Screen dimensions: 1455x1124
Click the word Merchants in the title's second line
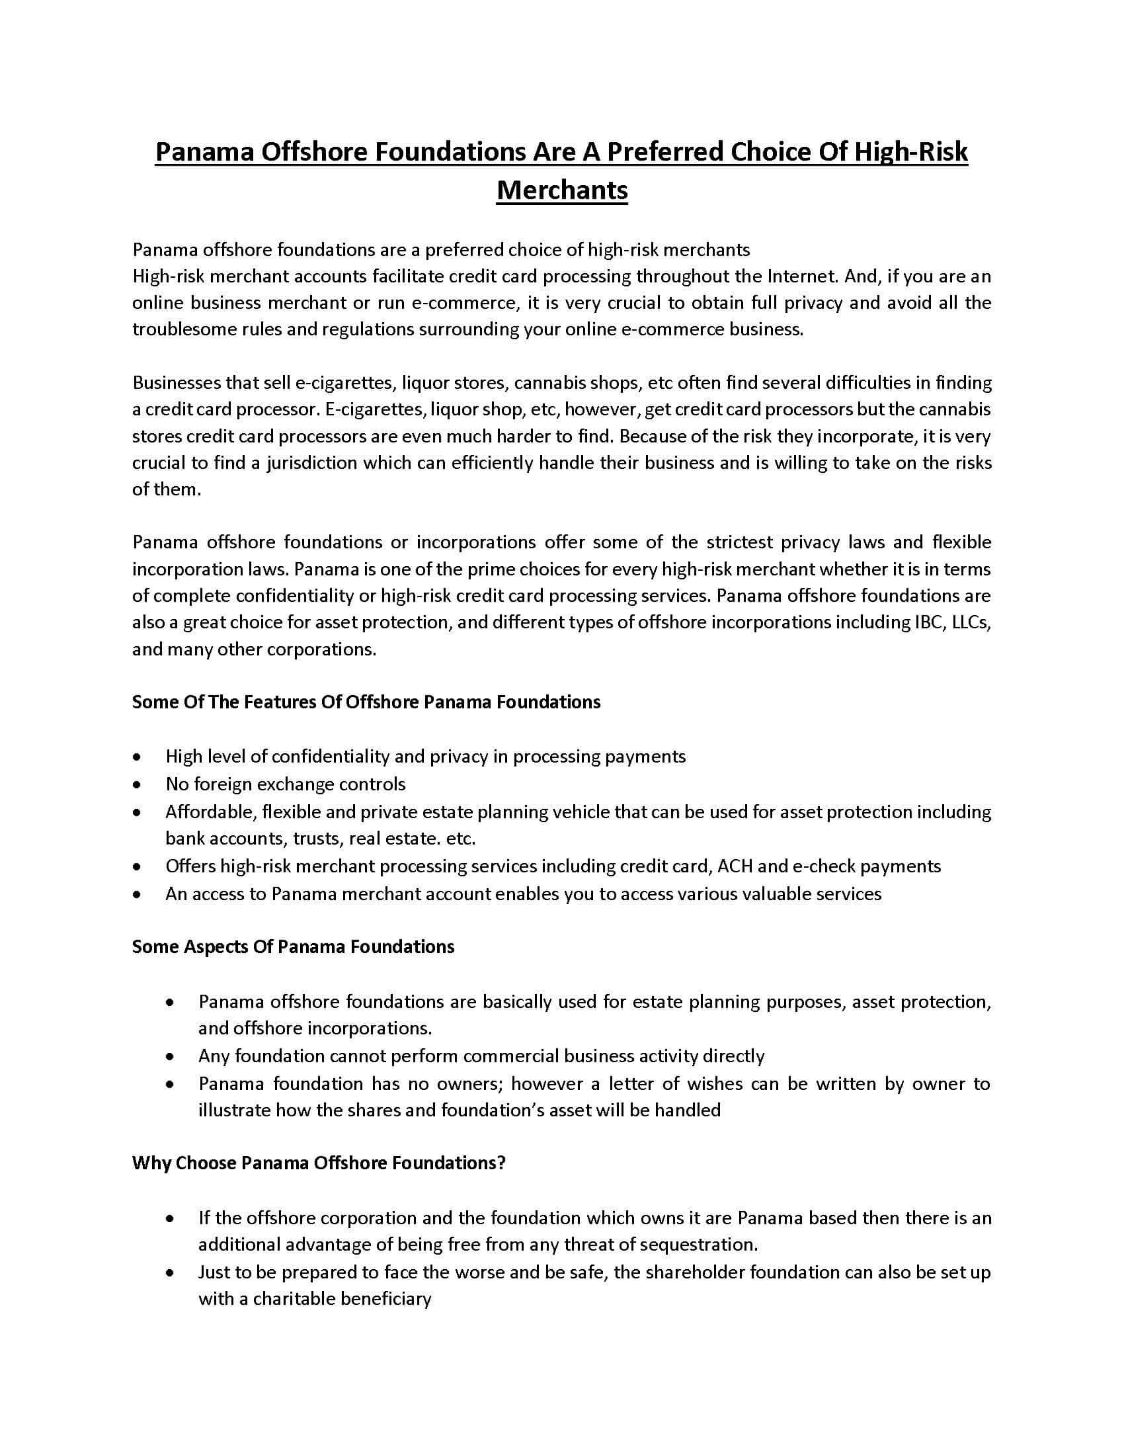[x=562, y=190]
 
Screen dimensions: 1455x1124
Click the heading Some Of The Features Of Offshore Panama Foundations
[x=366, y=702]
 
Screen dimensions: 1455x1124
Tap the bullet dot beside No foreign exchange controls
[x=136, y=785]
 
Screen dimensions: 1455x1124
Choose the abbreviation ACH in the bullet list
[x=735, y=866]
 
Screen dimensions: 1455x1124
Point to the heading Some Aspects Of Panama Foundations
[x=293, y=946]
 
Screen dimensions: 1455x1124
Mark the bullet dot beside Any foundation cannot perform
[x=171, y=1057]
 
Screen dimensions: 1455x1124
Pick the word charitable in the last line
[x=294, y=1299]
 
